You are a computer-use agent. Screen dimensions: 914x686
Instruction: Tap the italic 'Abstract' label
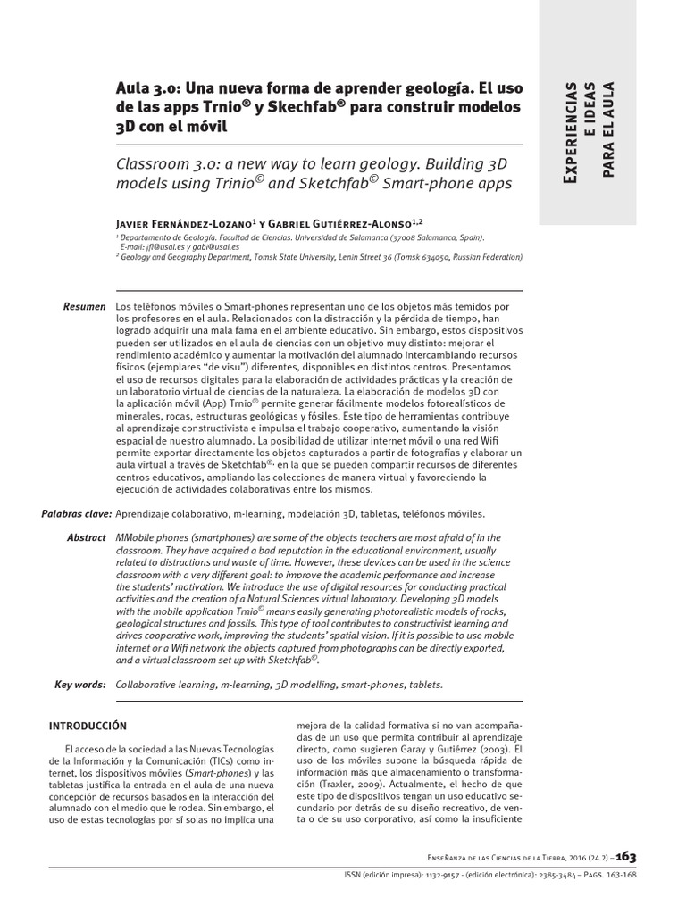(87, 538)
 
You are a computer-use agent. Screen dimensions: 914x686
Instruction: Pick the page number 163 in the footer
(625, 856)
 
